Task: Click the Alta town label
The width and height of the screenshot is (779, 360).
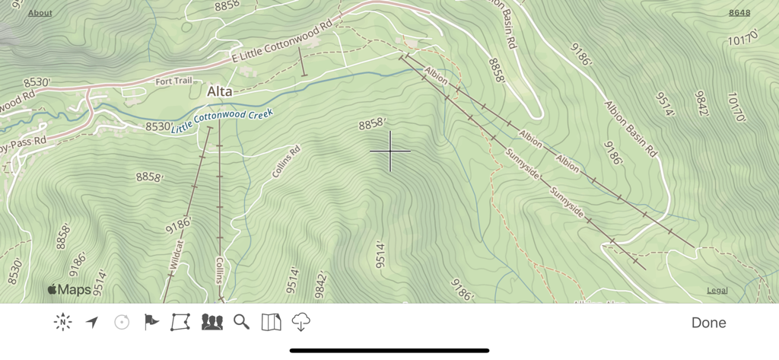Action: (x=219, y=92)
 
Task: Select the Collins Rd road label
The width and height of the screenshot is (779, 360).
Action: (x=287, y=161)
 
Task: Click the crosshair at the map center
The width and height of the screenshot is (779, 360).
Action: (x=390, y=151)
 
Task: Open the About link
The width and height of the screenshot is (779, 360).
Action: (x=40, y=13)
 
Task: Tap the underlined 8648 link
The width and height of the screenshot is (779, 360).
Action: (x=739, y=13)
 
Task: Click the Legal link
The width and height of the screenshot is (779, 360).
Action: (x=717, y=290)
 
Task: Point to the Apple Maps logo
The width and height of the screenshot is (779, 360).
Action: (x=69, y=289)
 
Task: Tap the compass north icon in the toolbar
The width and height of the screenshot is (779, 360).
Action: (x=62, y=323)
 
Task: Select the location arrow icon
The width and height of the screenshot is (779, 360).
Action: (x=92, y=323)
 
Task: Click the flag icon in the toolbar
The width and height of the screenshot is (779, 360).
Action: (x=151, y=323)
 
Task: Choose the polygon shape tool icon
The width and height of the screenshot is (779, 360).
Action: (x=180, y=323)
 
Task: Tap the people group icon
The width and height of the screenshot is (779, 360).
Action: (x=211, y=323)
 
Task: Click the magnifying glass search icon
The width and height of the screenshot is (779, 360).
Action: (x=241, y=323)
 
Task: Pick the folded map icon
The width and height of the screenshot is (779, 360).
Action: (x=271, y=323)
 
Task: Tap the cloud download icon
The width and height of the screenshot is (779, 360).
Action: (x=301, y=323)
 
